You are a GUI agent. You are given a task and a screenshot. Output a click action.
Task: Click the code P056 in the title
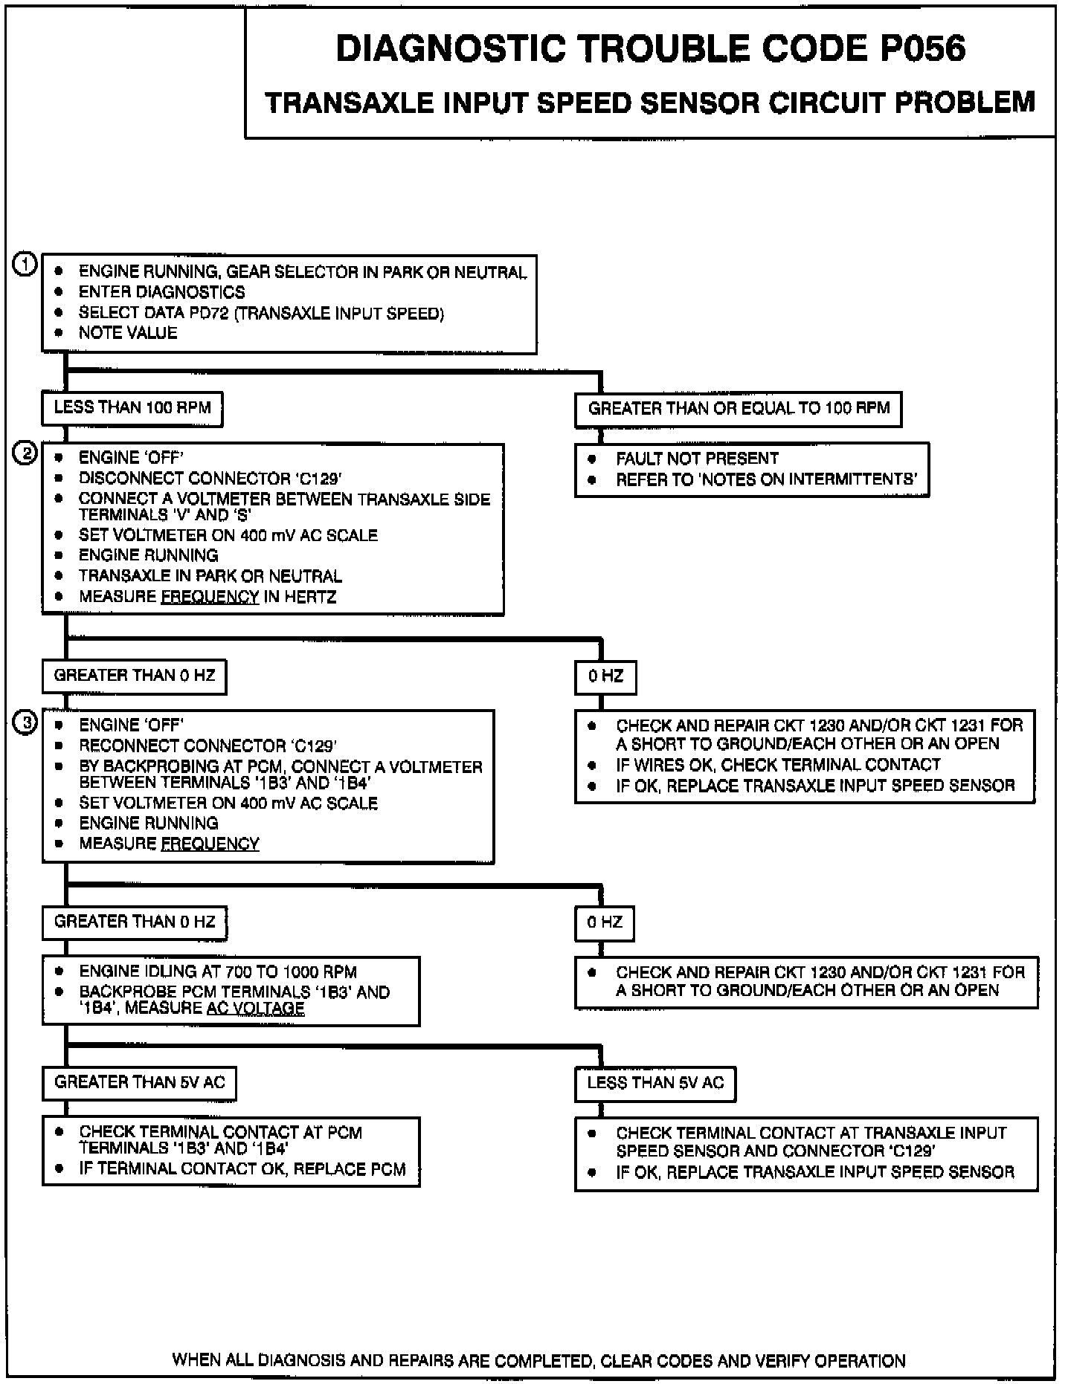922,49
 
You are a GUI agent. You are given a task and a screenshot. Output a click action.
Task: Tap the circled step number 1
25,265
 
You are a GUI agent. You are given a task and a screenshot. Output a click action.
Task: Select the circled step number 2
25,453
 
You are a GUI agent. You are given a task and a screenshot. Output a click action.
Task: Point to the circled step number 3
25,722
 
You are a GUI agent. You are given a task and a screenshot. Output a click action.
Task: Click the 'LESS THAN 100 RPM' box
132,408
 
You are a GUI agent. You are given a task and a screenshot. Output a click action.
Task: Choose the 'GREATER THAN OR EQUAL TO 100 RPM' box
738,409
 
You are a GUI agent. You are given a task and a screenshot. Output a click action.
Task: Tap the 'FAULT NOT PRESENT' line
697,459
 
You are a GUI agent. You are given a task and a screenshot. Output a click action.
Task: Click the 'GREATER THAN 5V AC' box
139,1082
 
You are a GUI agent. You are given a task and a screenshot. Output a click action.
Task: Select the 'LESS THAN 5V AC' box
654,1083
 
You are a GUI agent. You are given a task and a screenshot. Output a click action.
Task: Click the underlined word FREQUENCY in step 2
210,597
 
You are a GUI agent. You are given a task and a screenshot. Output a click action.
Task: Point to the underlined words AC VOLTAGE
255,1009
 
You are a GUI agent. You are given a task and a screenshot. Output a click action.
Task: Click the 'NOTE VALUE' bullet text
128,333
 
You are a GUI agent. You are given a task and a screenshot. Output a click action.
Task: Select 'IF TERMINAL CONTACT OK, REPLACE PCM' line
242,1169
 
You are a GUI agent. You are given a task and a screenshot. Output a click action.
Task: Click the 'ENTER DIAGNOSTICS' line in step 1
161,292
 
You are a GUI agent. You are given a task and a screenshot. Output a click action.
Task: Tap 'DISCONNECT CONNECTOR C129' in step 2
210,478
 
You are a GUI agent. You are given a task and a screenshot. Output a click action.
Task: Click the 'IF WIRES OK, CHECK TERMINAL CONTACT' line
778,765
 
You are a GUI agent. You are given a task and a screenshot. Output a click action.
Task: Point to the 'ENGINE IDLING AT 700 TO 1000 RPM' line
218,971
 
